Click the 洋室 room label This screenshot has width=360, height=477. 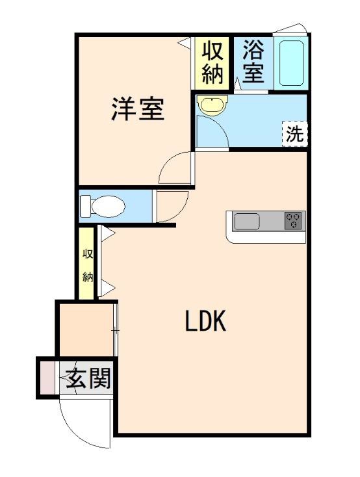[x=136, y=109]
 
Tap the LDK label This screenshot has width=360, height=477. [x=205, y=321]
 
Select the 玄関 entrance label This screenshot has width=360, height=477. [x=87, y=378]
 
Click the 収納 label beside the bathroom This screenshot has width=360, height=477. [x=212, y=62]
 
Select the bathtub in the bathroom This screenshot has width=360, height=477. [x=290, y=64]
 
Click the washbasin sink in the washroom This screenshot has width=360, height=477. [x=211, y=106]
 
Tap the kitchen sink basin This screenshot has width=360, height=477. [x=247, y=222]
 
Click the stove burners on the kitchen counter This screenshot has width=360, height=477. [x=294, y=221]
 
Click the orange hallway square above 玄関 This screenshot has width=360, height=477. [x=85, y=331]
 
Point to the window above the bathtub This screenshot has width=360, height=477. [x=289, y=29]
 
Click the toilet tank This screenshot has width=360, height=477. [x=85, y=207]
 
